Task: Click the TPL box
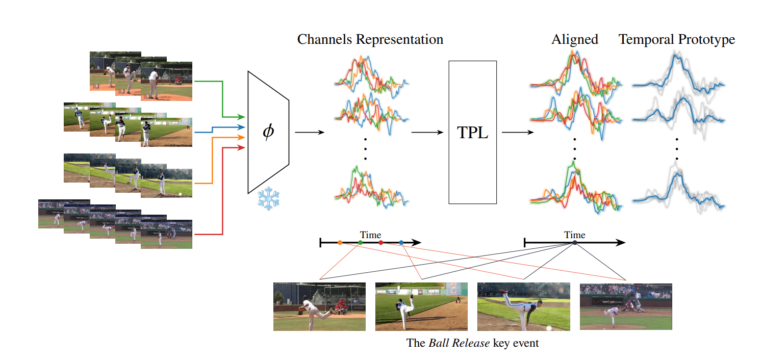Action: click(x=472, y=133)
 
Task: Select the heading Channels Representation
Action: click(x=370, y=39)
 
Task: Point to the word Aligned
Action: click(x=574, y=39)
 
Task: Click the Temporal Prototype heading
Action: click(x=677, y=39)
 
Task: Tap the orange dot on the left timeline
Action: click(x=340, y=243)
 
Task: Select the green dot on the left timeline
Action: click(x=361, y=243)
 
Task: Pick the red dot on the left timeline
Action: click(x=381, y=243)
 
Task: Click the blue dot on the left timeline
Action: click(x=401, y=243)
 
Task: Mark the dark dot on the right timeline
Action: click(x=575, y=243)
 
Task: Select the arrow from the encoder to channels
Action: click(x=309, y=133)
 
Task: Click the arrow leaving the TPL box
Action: click(x=517, y=133)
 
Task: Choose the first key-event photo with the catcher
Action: click(x=319, y=307)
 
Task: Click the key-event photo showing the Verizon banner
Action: click(x=626, y=307)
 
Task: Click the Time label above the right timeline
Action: click(x=575, y=235)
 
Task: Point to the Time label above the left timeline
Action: click(x=370, y=235)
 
